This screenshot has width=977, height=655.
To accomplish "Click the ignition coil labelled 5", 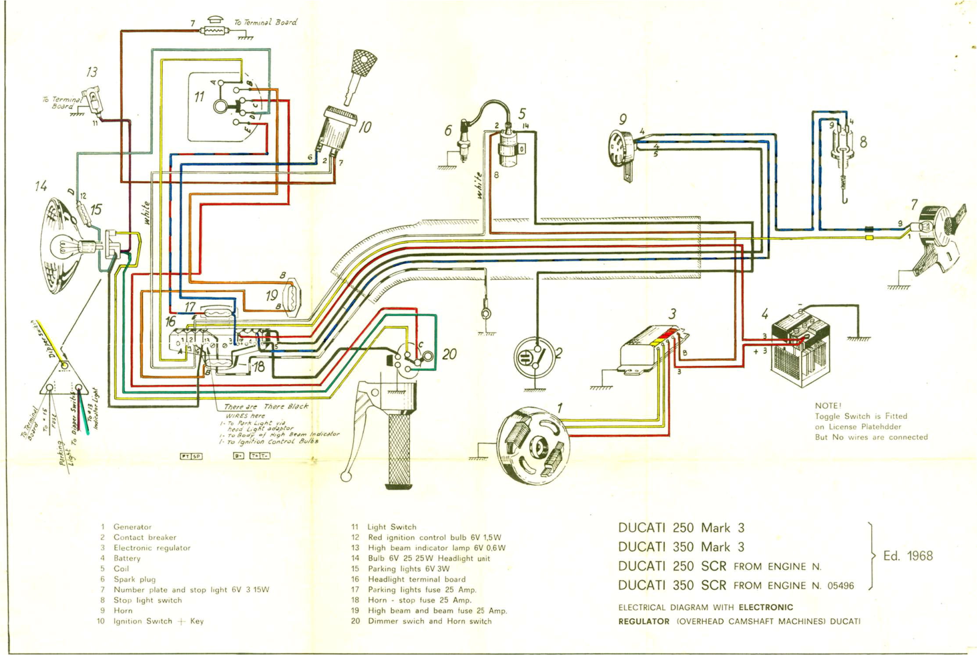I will (510, 147).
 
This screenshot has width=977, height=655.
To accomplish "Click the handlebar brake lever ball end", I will (346, 476).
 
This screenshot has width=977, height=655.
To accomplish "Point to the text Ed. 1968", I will (908, 556).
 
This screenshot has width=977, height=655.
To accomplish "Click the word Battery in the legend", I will (127, 558).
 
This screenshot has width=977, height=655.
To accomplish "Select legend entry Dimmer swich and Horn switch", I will (429, 621).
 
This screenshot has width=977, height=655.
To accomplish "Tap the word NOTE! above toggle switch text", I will (828, 406).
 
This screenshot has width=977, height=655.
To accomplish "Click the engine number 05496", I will (841, 586).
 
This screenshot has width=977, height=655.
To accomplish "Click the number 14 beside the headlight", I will (41, 186).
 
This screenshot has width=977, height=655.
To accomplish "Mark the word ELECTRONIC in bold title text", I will (766, 607).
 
